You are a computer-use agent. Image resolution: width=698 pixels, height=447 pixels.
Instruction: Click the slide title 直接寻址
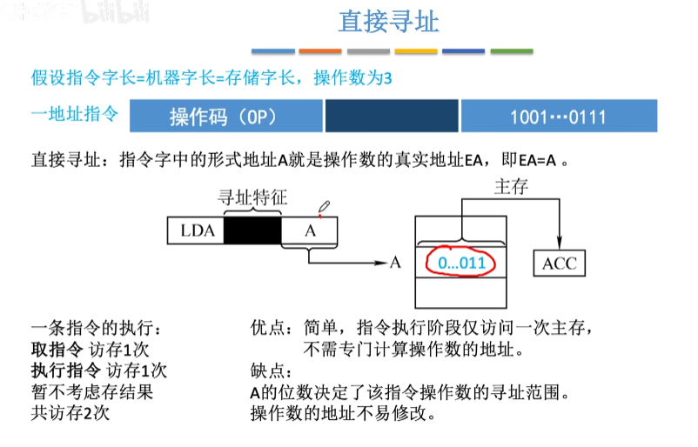pos(388,21)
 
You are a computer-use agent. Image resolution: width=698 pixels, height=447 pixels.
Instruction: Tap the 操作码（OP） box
pos(225,116)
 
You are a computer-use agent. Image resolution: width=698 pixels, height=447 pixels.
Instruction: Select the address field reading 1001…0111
pos(558,116)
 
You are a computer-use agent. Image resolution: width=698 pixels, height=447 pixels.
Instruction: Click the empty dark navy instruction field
pos(392,116)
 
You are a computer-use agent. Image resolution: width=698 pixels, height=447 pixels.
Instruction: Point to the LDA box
pos(196,231)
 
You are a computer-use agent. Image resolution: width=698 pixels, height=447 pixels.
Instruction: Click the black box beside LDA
pos(252,231)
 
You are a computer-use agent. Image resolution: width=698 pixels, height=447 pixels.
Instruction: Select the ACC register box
pos(559,264)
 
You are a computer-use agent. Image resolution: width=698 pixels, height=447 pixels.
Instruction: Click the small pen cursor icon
pos(324,208)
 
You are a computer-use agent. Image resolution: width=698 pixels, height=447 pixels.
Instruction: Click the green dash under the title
pos(512,51)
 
